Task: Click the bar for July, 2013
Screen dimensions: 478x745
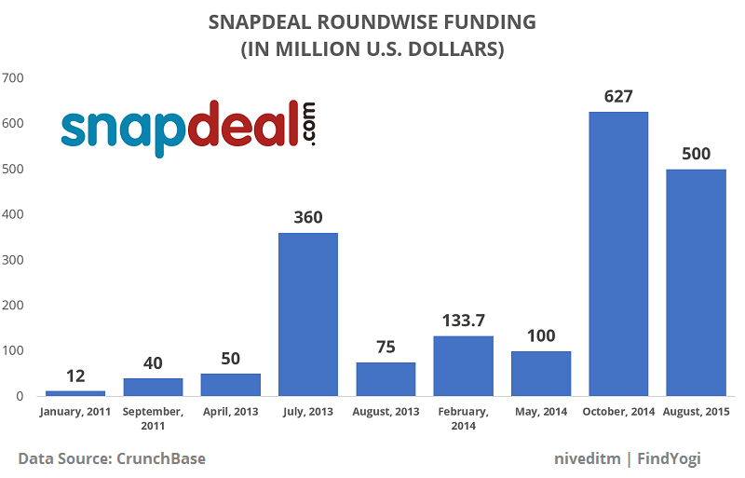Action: [x=308, y=314]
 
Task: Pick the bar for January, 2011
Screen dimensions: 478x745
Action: [x=75, y=392]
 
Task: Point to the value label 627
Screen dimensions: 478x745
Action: [x=618, y=97]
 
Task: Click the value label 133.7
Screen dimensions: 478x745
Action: [x=463, y=321]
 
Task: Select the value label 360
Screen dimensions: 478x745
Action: [x=308, y=217]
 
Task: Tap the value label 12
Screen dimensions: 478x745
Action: [x=75, y=376]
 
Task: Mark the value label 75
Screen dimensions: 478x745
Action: [x=386, y=347]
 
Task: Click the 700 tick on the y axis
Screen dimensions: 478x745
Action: [x=13, y=77]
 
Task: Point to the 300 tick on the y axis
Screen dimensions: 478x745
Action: [x=13, y=260]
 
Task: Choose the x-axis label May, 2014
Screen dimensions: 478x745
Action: [x=540, y=411]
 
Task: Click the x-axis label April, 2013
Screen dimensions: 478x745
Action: [x=230, y=411]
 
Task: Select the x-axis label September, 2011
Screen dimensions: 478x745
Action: [x=153, y=418]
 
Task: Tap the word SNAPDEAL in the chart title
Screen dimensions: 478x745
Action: [x=289, y=22]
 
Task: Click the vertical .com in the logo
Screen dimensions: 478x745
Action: [x=308, y=123]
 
